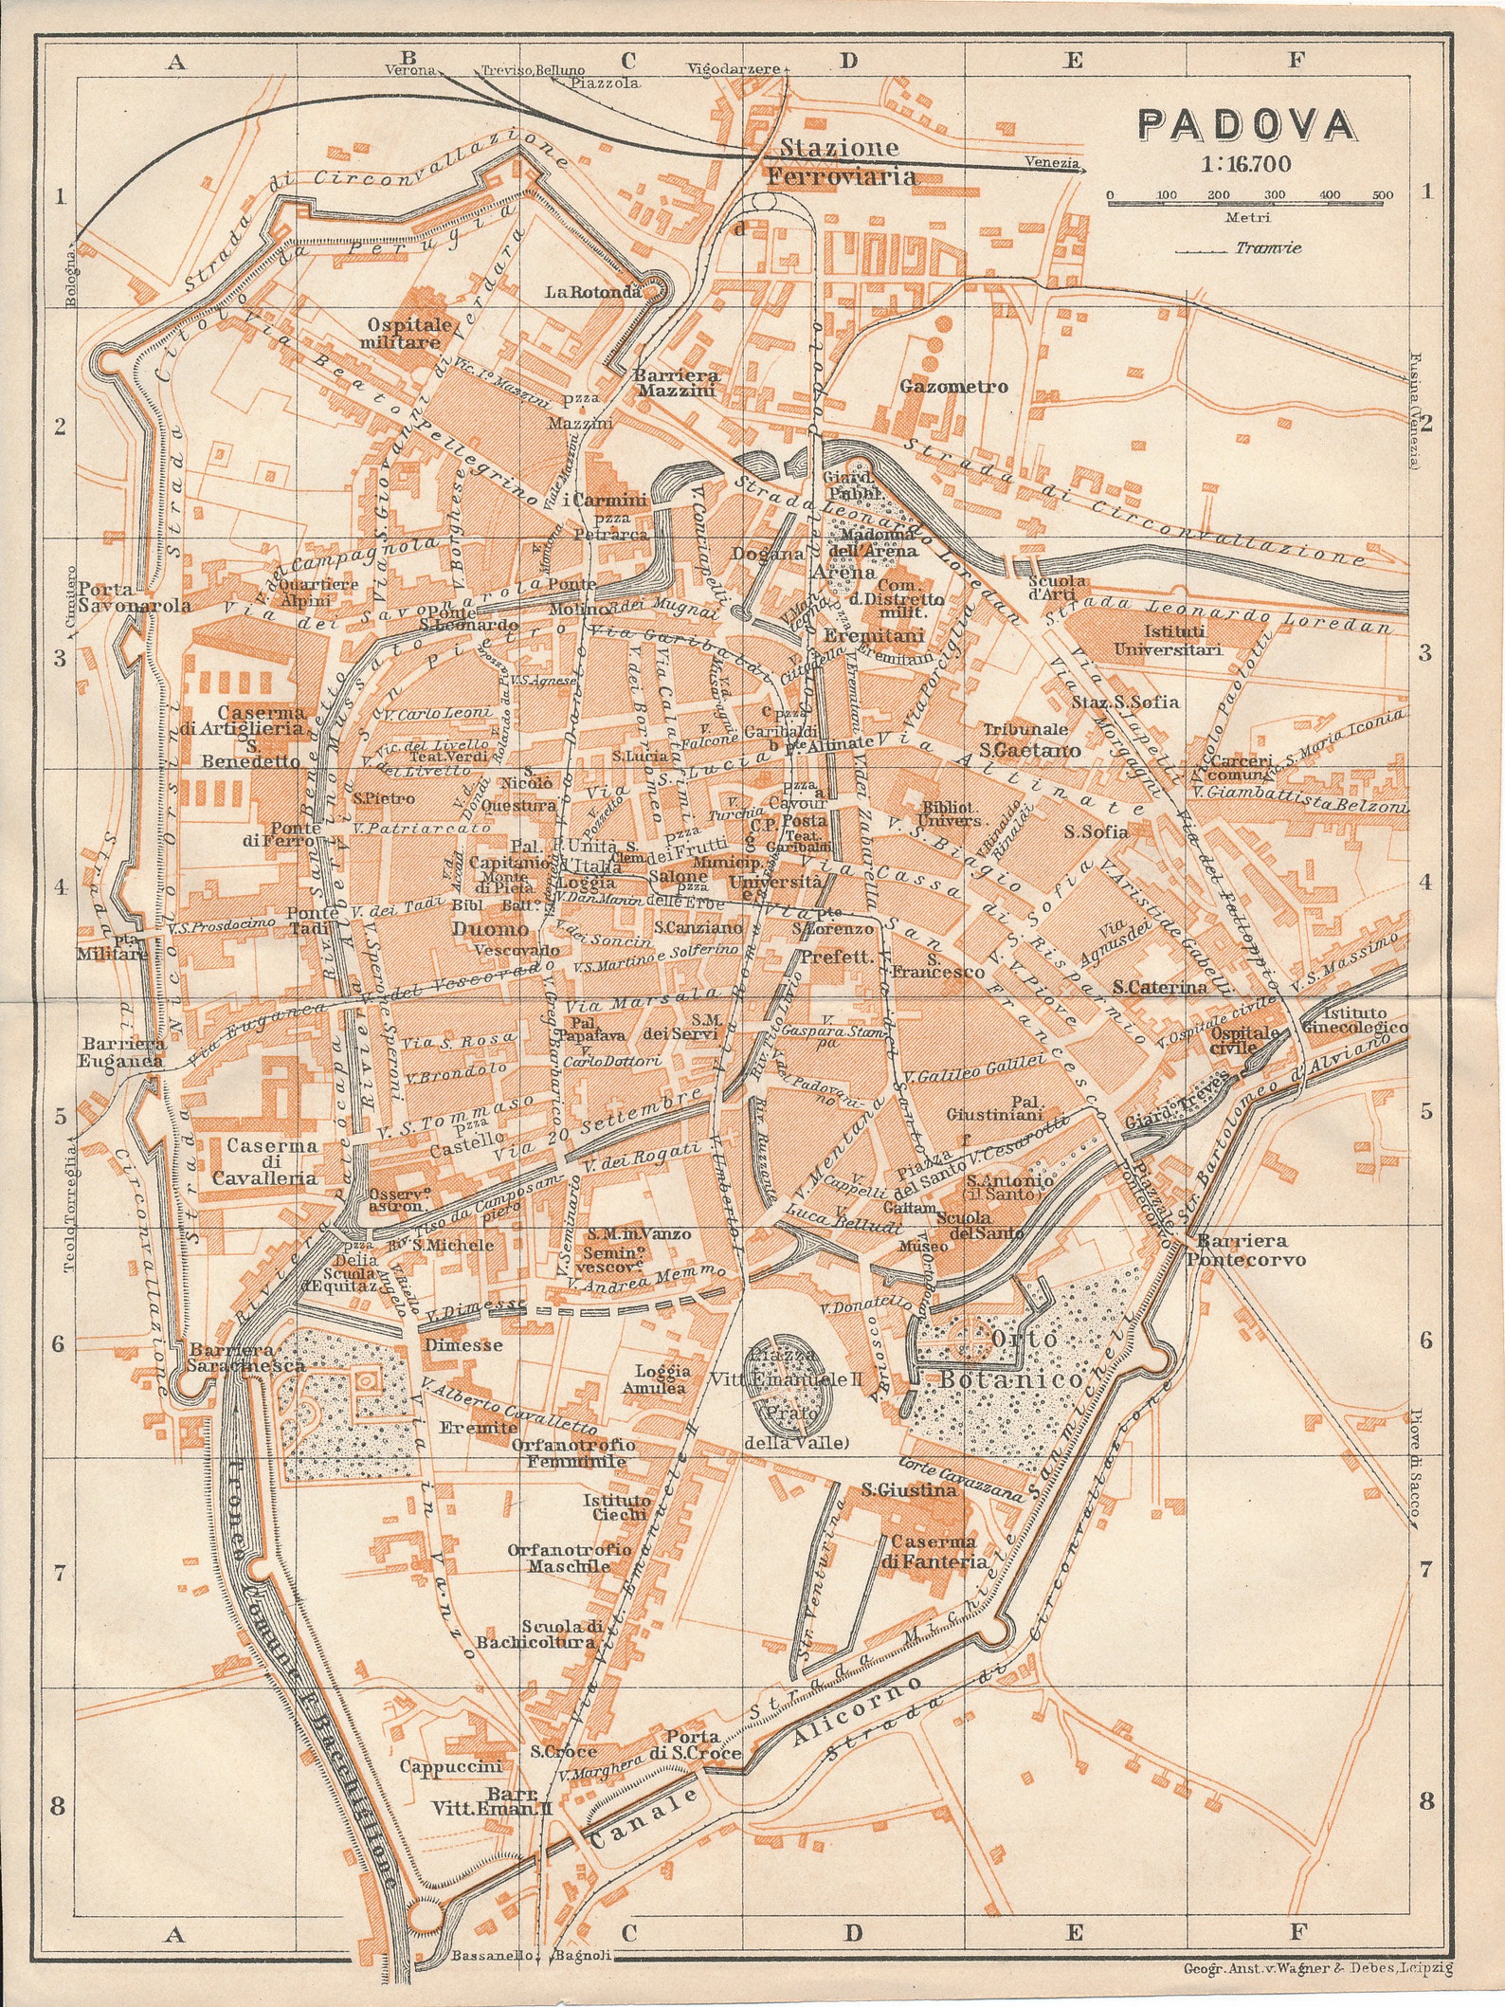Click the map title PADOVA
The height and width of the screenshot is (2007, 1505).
coord(1245,125)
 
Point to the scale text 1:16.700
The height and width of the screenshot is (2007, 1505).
coord(1244,164)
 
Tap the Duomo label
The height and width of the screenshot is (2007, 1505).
coord(490,928)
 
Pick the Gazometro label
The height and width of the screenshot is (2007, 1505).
coord(953,387)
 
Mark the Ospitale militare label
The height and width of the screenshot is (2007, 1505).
coord(405,333)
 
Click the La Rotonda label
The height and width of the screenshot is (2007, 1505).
coord(592,292)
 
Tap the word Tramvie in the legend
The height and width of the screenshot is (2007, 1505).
coord(1268,248)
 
